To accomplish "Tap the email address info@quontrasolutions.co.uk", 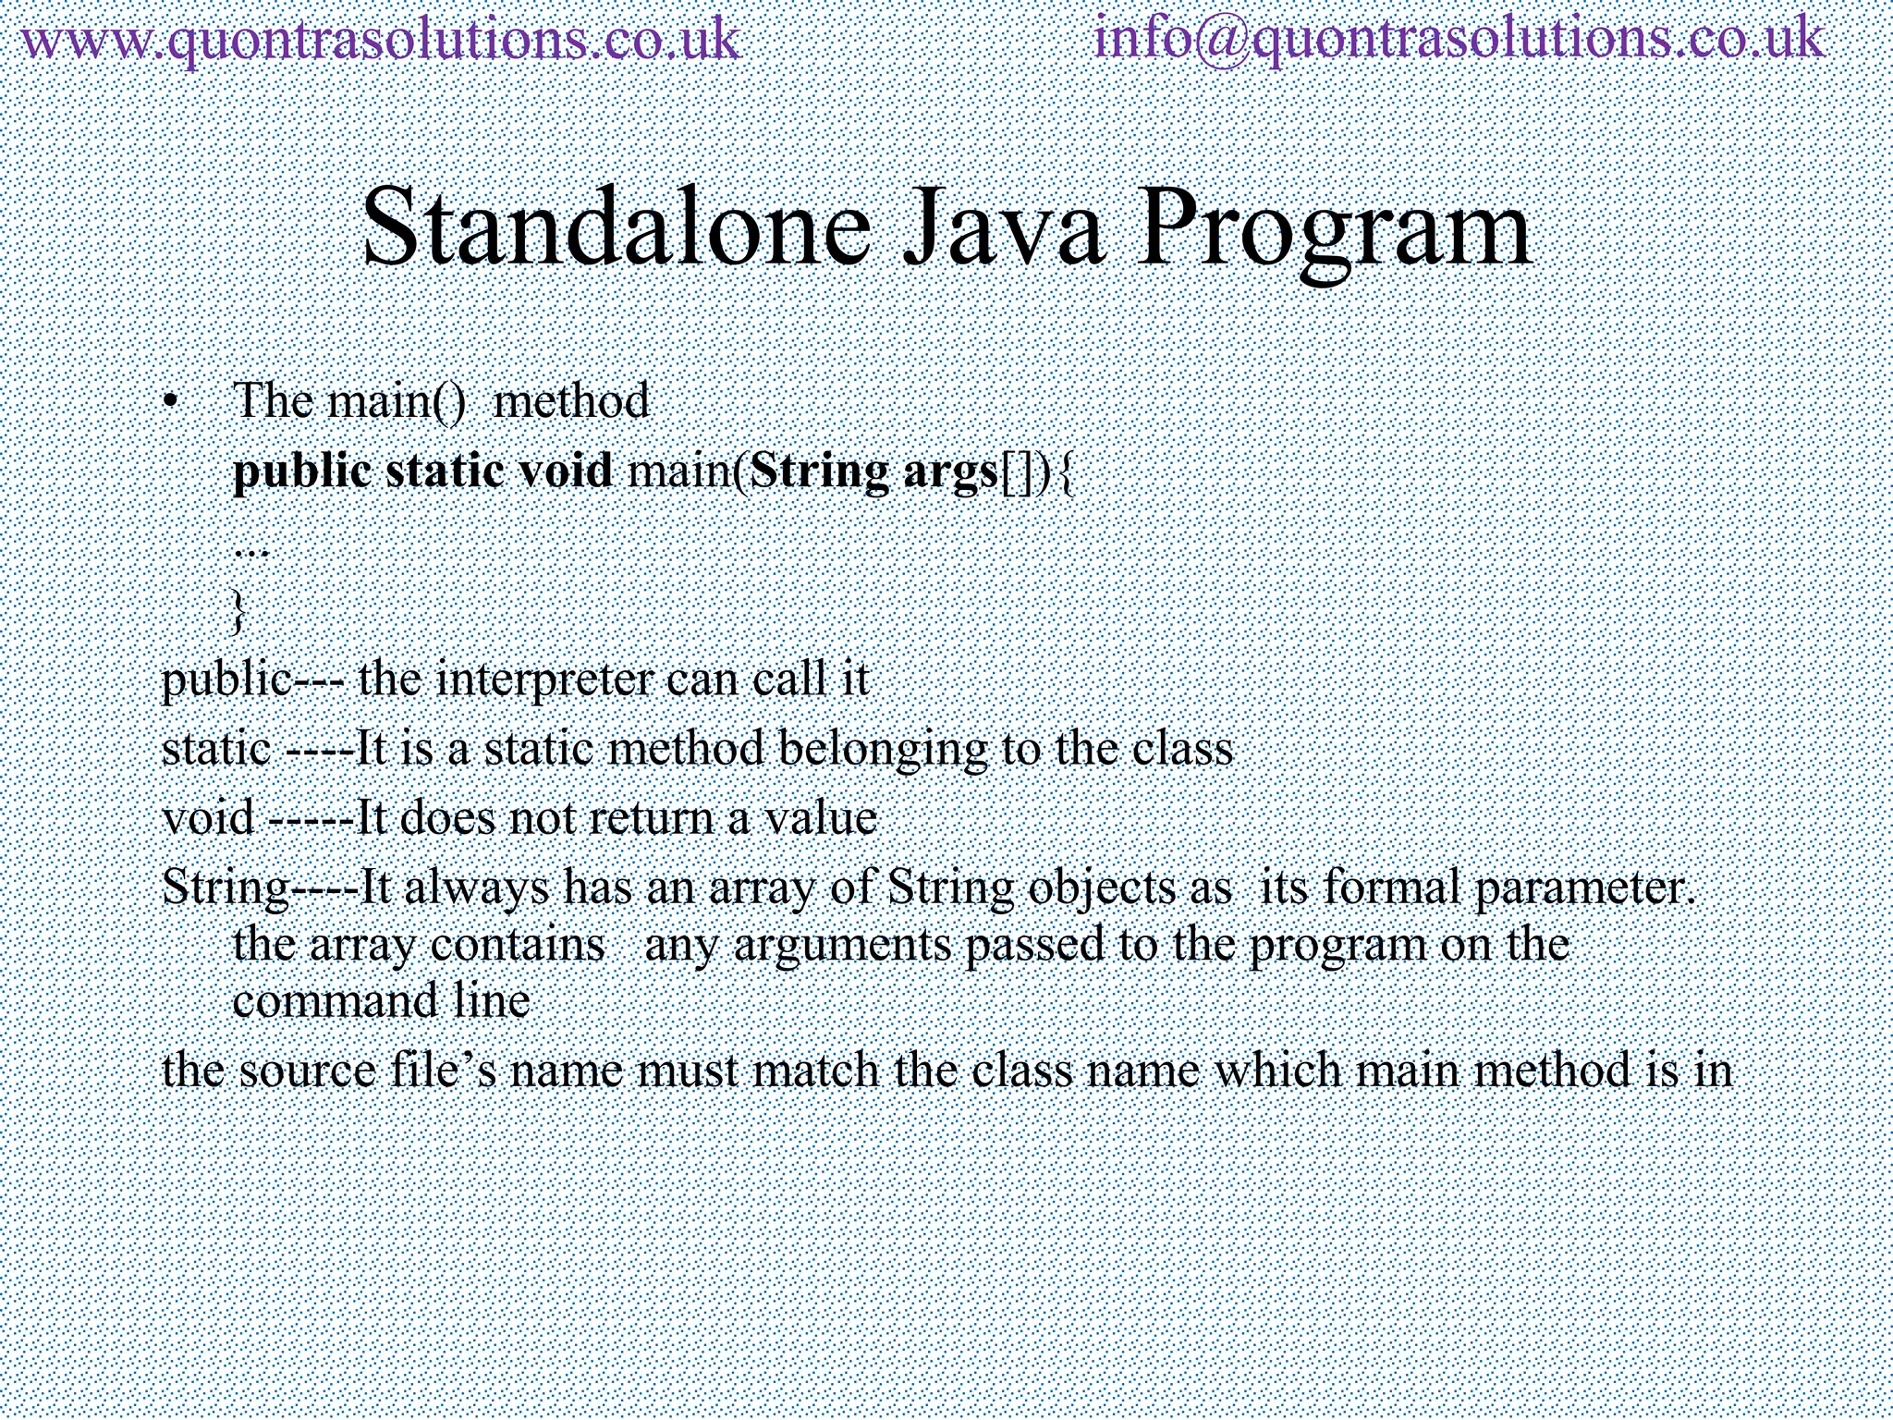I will pos(1459,41).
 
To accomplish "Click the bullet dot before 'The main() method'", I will pos(169,402).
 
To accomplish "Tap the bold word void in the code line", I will pos(566,471).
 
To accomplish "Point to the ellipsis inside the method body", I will pos(250,550).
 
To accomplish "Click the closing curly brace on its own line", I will pos(239,610).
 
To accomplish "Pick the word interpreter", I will pos(543,680).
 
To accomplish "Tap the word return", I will pos(656,818).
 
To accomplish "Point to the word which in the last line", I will pos(1277,1071).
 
